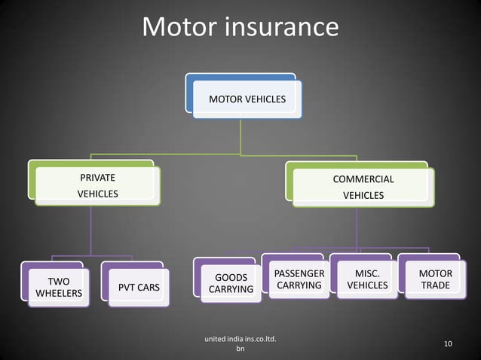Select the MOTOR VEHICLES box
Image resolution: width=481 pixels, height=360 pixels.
tap(247, 99)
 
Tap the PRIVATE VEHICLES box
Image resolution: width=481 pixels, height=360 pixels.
tap(98, 186)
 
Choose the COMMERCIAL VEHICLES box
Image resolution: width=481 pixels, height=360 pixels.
tap(363, 188)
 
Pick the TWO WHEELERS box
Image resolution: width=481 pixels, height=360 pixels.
tap(59, 287)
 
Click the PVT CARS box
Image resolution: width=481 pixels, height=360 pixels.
tap(138, 288)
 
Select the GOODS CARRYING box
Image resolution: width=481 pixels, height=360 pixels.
tap(231, 284)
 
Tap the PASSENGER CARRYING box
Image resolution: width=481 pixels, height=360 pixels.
tap(299, 279)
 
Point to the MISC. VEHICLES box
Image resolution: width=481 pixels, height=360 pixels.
tap(367, 279)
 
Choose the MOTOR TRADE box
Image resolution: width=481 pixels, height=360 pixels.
tap(435, 279)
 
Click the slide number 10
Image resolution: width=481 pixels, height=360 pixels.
tap(448, 344)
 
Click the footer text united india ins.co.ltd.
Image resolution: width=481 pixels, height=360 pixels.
tap(240, 340)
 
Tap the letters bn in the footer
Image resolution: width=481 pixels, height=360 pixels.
tap(240, 349)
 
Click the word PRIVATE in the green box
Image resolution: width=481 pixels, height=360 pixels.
tap(98, 178)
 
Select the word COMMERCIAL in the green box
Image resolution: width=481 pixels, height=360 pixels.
tap(363, 180)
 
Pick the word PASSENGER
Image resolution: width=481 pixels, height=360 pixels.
tap(299, 273)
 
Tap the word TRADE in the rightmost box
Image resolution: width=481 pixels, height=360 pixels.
tap(435, 285)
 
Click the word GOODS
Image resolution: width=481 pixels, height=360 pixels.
tap(231, 278)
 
